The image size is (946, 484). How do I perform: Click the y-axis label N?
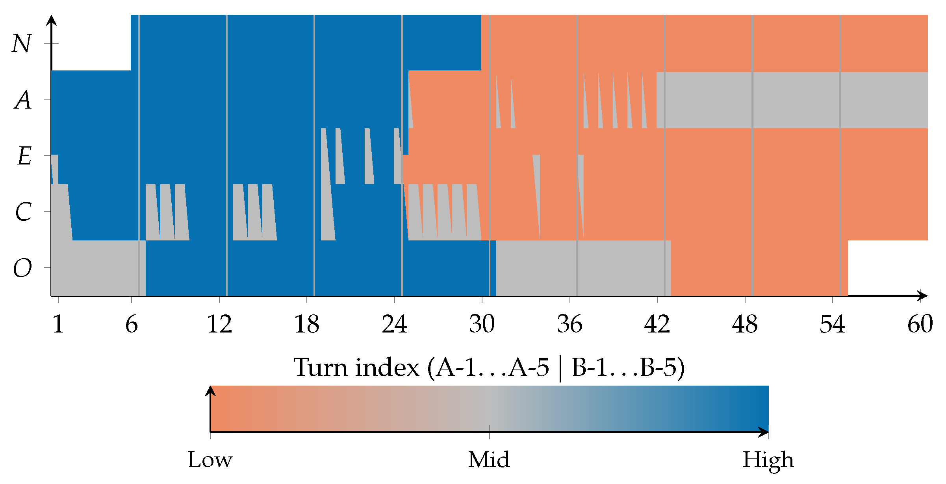point(22,43)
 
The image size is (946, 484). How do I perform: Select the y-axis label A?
point(23,100)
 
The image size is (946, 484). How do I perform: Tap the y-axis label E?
point(24,156)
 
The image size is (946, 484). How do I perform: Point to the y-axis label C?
point(24,212)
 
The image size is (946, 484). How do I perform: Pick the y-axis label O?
point(22,268)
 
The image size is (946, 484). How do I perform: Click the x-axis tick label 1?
point(58,324)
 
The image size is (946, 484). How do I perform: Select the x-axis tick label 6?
point(132,324)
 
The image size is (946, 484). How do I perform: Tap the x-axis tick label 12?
point(219,324)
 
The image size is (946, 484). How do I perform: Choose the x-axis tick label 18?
point(307,324)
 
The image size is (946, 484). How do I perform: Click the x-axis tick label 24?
point(395,324)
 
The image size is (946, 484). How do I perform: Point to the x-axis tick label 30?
point(482,324)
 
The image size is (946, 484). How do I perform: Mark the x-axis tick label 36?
point(569,324)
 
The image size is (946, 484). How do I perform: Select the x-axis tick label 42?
point(657,324)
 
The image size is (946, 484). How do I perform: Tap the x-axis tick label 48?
point(745,324)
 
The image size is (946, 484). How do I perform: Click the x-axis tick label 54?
point(833,324)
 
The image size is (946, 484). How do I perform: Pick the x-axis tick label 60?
point(920,324)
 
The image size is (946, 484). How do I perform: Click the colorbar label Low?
point(210,459)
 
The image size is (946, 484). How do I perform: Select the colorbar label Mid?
point(489,459)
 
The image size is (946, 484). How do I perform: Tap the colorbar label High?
point(768,460)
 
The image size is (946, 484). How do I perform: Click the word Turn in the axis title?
point(321,368)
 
